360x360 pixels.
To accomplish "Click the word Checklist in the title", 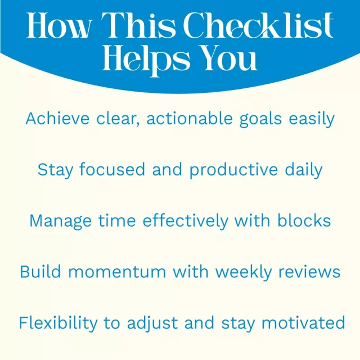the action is [258, 25].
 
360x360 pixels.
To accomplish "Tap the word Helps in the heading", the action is [146, 60].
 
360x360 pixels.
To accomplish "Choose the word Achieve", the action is [57, 119].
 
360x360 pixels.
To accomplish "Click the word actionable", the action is [190, 119].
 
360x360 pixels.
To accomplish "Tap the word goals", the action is [260, 120].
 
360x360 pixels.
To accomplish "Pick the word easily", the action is [312, 120].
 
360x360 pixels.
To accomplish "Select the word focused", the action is [112, 169].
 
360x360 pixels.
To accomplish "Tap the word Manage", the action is [61, 222].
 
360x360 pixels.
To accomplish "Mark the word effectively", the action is [186, 222].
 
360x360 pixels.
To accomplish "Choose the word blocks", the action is [304, 220].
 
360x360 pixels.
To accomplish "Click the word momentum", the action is [117, 272].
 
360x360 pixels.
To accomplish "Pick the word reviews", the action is [309, 271].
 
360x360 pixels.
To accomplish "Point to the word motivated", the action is [303, 322].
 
